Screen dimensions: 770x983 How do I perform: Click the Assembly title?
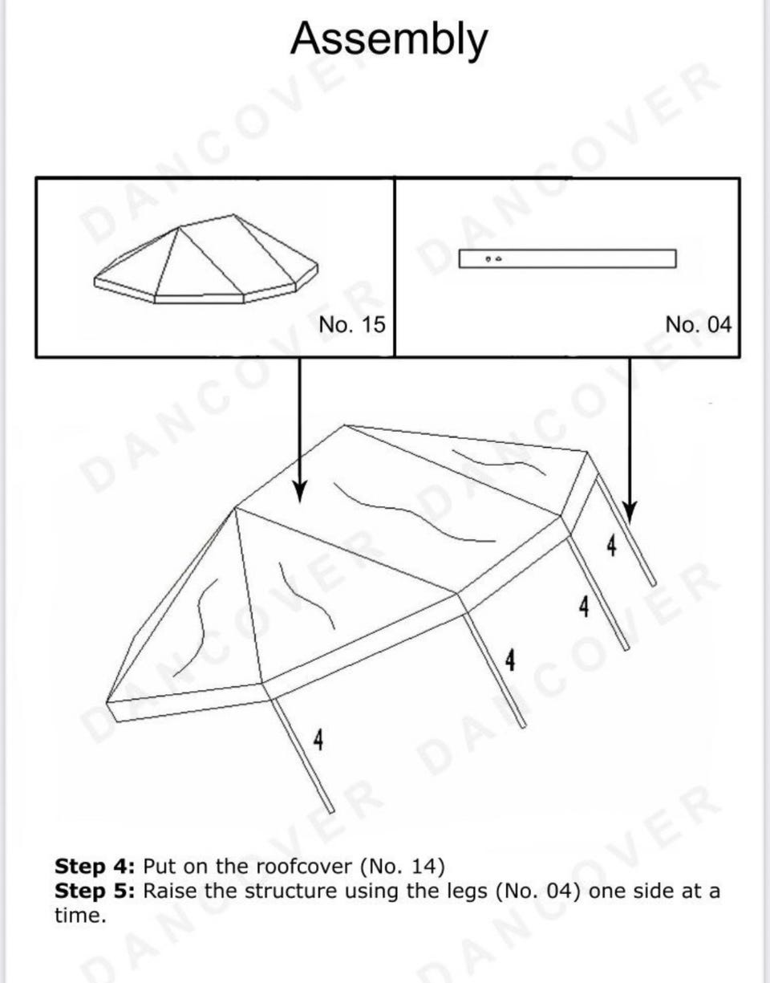click(x=389, y=40)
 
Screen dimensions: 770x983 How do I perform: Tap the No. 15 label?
click(x=352, y=324)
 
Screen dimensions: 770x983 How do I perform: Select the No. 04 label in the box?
click(x=698, y=324)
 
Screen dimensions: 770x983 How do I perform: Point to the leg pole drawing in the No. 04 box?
click(x=568, y=258)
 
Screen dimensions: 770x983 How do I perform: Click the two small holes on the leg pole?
click(x=493, y=258)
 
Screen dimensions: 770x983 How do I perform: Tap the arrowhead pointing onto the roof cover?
click(x=299, y=491)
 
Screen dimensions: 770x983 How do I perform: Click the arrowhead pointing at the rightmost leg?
click(x=630, y=512)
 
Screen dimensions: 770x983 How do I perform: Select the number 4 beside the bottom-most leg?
click(x=318, y=740)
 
